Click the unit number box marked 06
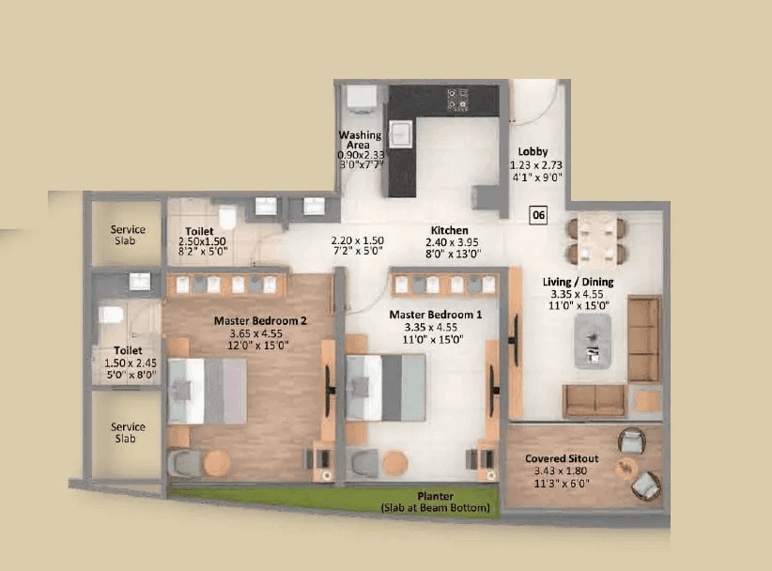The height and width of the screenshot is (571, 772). tap(538, 214)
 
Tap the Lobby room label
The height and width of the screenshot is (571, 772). tap(533, 151)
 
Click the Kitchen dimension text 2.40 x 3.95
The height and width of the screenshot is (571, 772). tap(455, 241)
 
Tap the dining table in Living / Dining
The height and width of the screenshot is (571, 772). tap(596, 239)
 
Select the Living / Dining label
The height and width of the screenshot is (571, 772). tap(579, 282)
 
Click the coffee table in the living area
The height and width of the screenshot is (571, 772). tap(593, 338)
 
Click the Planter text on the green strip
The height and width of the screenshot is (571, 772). tap(436, 496)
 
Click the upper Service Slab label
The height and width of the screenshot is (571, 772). tap(128, 235)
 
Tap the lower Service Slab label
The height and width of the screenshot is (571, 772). tap(128, 432)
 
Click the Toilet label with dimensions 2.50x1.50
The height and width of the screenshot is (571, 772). tap(199, 230)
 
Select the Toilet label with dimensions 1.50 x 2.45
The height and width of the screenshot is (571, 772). tap(129, 351)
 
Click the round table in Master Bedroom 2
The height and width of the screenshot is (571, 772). tap(217, 462)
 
